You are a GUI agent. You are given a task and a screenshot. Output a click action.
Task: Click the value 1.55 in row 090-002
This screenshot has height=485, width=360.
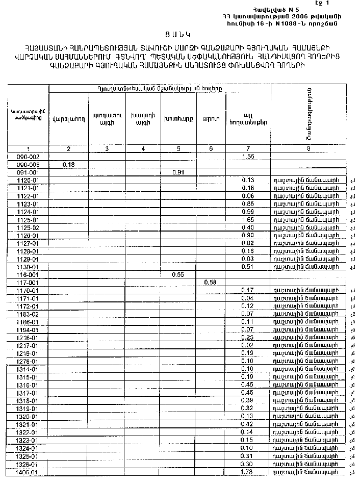pos(248,157)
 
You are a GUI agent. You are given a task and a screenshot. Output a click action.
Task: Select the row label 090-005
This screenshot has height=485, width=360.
pos(29,165)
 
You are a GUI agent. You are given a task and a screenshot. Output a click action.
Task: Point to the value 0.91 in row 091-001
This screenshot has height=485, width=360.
pos(178,172)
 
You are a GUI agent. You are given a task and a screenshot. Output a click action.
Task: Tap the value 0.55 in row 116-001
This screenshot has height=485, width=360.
pos(178,274)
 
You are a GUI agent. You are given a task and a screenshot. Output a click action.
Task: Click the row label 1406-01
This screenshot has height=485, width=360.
pos(29,472)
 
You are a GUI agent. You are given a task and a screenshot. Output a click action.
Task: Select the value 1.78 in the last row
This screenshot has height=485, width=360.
pos(248,472)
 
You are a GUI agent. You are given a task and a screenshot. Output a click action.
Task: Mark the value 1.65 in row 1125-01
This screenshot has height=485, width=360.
pos(248,219)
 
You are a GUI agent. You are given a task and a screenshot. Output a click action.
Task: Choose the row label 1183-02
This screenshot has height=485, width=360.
pos(29,314)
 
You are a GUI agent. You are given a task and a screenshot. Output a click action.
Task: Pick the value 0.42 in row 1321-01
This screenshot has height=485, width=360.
pos(248,424)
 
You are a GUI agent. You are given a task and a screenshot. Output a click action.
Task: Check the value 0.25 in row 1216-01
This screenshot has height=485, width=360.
pos(248,338)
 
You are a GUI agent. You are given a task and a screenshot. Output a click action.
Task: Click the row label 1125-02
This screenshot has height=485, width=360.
pos(29,227)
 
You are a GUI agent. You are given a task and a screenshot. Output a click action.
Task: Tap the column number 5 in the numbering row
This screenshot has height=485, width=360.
pos(178,148)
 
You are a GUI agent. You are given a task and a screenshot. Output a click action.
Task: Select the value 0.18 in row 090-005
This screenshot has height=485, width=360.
pos(68,165)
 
